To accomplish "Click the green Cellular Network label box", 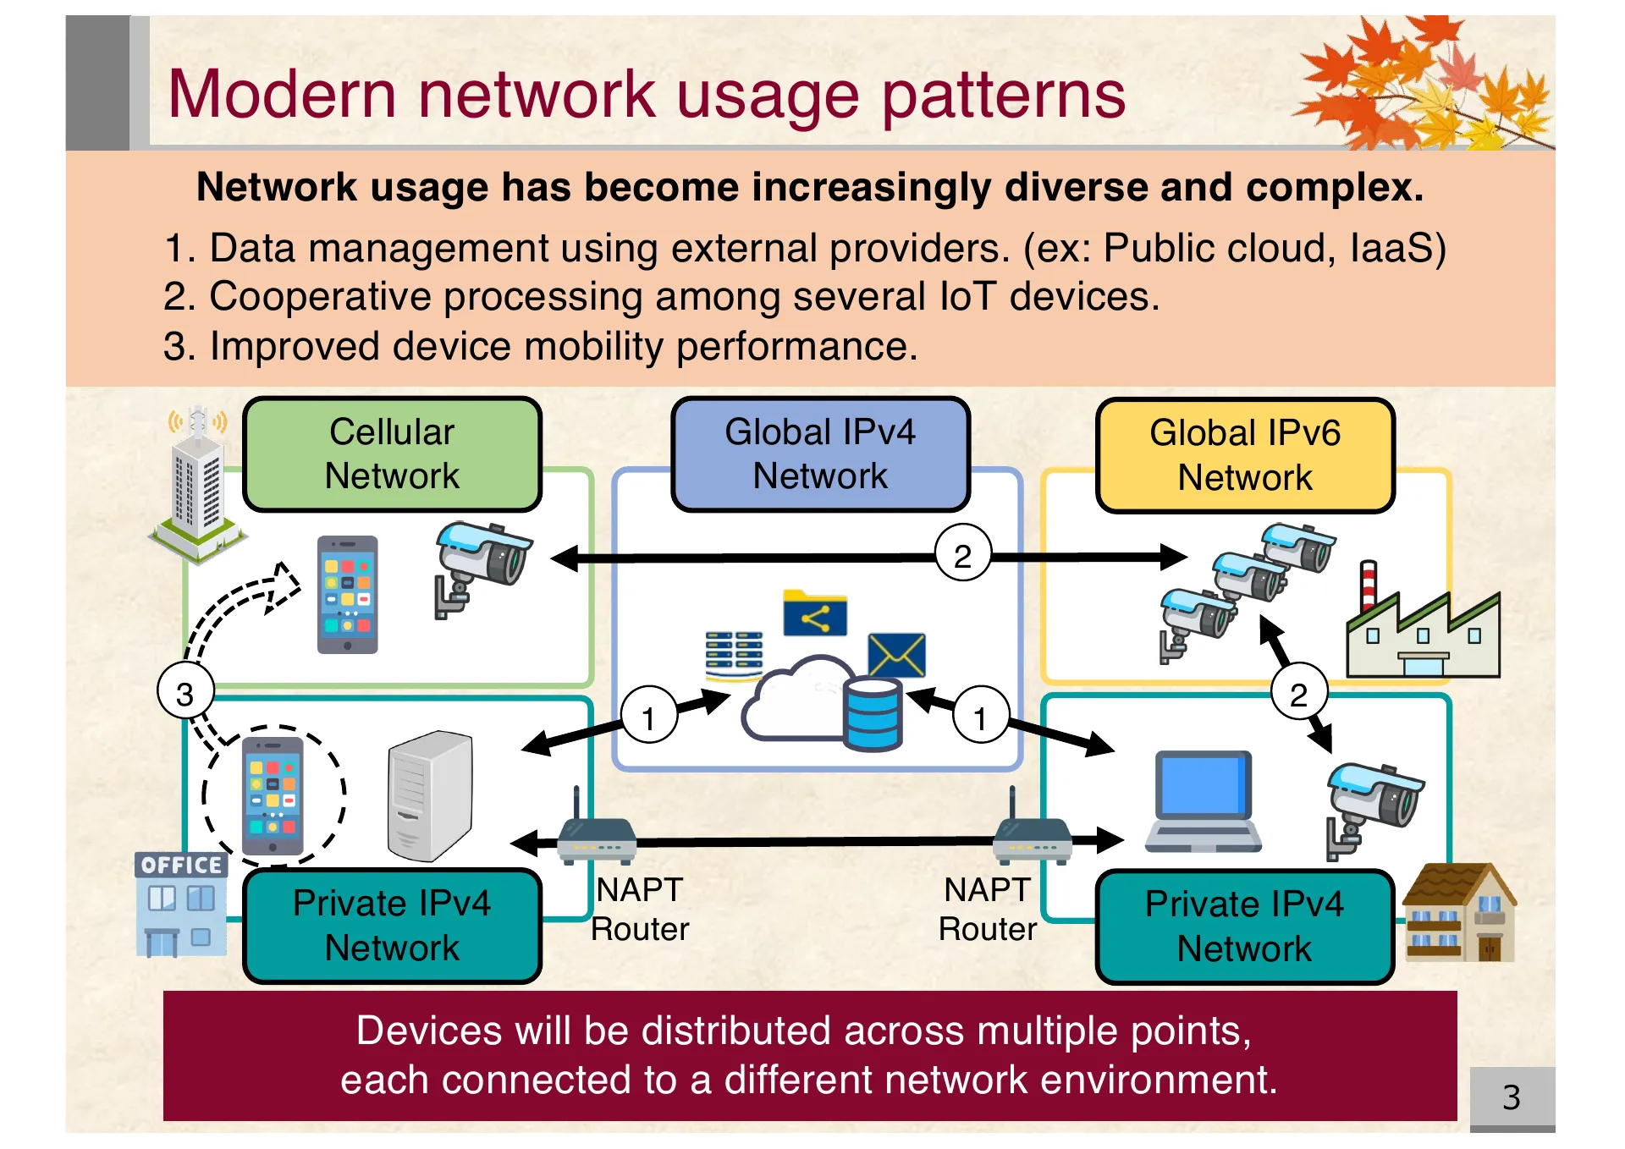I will pyautogui.click(x=392, y=454).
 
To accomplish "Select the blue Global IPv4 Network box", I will pyautogui.click(x=819, y=454).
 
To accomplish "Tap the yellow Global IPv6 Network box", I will pyautogui.click(x=1244, y=456).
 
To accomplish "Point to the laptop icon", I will pyautogui.click(x=1202, y=801).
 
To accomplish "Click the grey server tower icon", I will pyautogui.click(x=430, y=796).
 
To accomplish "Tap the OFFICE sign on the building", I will pyautogui.click(x=181, y=865).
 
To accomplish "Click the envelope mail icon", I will pyautogui.click(x=896, y=654).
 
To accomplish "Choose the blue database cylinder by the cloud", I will pyautogui.click(x=872, y=715).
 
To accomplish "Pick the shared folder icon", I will pyautogui.click(x=814, y=613).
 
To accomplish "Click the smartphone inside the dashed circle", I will pyautogui.click(x=273, y=796).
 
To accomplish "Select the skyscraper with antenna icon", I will pyautogui.click(x=197, y=487).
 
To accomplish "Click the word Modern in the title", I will pyautogui.click(x=282, y=94).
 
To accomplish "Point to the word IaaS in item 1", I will pyautogui.click(x=1396, y=248).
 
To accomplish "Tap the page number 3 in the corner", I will pyautogui.click(x=1511, y=1097).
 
